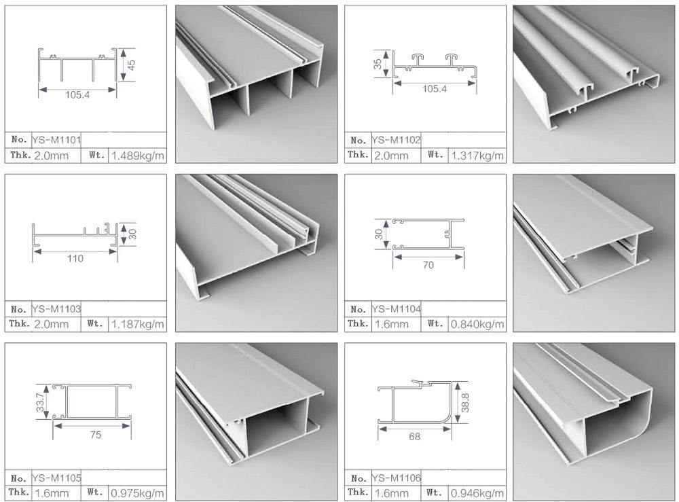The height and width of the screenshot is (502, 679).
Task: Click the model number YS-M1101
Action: [x=57, y=141]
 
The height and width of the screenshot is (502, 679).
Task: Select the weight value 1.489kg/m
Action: [x=137, y=156]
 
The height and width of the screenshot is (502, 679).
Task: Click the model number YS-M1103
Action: [x=57, y=309]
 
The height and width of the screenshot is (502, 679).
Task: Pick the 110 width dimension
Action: [x=75, y=258]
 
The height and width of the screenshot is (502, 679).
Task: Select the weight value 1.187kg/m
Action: [x=137, y=324]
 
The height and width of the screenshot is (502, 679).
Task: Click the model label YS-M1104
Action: [x=397, y=309]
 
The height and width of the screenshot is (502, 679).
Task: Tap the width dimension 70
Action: [x=428, y=265]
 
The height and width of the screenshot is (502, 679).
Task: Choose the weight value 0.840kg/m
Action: [x=477, y=324]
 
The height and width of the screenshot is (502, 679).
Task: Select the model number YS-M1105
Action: [x=57, y=478]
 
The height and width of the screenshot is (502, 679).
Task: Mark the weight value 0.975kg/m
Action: [x=137, y=492]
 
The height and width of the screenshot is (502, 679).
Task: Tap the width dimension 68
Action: [x=414, y=437]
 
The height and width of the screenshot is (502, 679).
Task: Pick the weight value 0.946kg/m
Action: [x=477, y=492]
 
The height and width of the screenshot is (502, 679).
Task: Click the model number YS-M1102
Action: [x=397, y=141]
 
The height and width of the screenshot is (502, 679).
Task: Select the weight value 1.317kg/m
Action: [x=477, y=156]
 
